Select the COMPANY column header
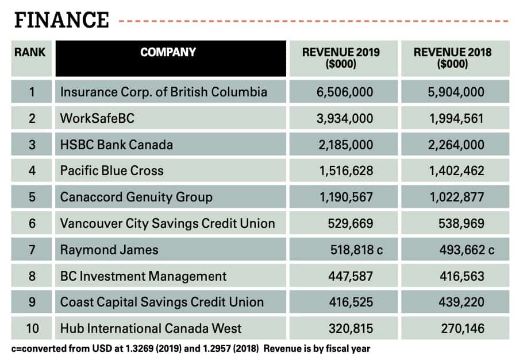[x=168, y=52]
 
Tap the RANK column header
[x=30, y=52]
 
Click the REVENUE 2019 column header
[x=341, y=58]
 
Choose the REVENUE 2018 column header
[x=452, y=58]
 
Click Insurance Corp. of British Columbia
[x=164, y=92]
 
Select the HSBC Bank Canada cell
[x=117, y=145]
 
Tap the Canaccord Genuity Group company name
[x=136, y=197]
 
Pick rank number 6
[x=32, y=223]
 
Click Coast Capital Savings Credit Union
[x=162, y=302]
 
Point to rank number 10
[x=32, y=329]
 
